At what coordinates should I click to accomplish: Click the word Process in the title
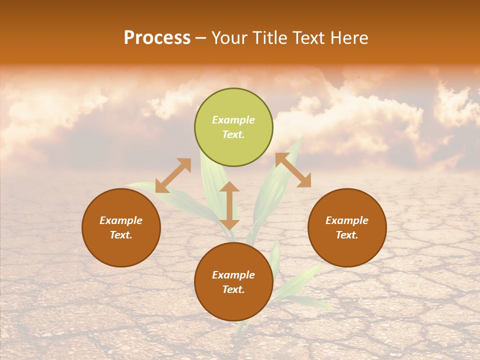(x=157, y=38)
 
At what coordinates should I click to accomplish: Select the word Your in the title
(x=228, y=38)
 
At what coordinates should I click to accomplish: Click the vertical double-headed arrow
(x=229, y=205)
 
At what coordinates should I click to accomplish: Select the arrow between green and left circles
(x=173, y=175)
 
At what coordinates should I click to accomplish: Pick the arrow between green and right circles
(x=293, y=170)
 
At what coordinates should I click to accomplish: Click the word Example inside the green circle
(x=233, y=120)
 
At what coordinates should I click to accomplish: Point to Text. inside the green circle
(x=233, y=134)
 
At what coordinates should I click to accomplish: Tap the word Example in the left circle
(x=121, y=220)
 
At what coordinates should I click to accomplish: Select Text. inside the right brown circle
(x=347, y=235)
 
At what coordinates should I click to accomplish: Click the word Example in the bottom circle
(x=233, y=275)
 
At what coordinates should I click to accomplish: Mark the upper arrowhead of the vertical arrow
(x=229, y=187)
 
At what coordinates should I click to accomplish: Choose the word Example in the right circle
(x=347, y=220)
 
